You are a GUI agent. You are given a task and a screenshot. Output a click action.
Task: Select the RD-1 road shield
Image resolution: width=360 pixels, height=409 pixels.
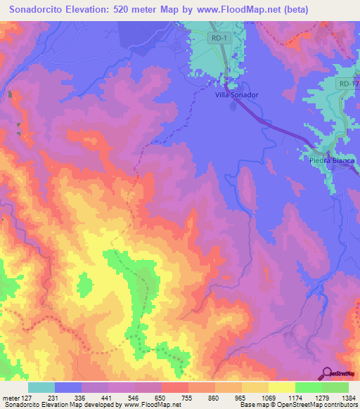click(x=217, y=39)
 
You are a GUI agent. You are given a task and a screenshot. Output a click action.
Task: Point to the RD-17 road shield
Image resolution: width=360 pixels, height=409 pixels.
click(x=347, y=84)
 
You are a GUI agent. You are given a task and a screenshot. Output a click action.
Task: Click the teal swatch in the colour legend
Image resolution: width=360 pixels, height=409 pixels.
click(x=41, y=387)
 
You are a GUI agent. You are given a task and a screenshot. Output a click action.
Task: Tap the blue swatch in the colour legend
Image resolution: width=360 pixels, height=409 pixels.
click(x=68, y=387)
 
